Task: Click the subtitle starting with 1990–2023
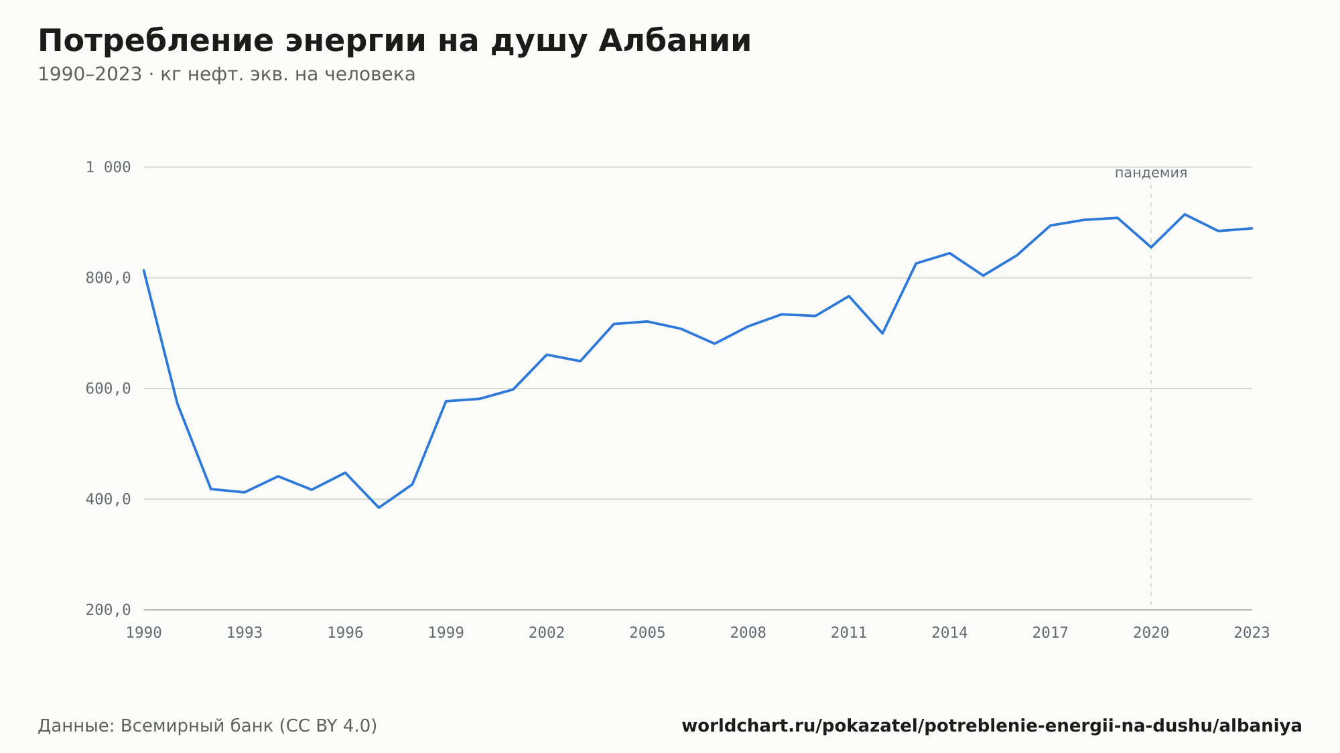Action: coord(226,74)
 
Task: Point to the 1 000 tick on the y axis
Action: coord(108,167)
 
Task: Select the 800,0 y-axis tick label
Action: coord(108,278)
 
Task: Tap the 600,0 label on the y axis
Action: coord(108,389)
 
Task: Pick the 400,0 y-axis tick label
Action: coord(108,499)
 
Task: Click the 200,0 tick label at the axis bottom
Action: coord(108,610)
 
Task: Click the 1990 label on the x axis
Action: coord(144,633)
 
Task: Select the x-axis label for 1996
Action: coord(345,633)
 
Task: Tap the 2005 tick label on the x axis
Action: coord(647,633)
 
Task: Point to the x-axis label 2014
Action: coord(949,633)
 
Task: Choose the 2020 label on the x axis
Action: coord(1151,633)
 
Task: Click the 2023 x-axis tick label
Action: coord(1252,633)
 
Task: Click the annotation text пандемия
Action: coord(1151,173)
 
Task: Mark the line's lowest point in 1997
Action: coord(379,508)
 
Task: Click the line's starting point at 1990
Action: coord(144,270)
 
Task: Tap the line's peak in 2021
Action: coord(1185,214)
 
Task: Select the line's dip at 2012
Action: coord(882,334)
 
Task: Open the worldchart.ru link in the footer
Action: coord(992,726)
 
